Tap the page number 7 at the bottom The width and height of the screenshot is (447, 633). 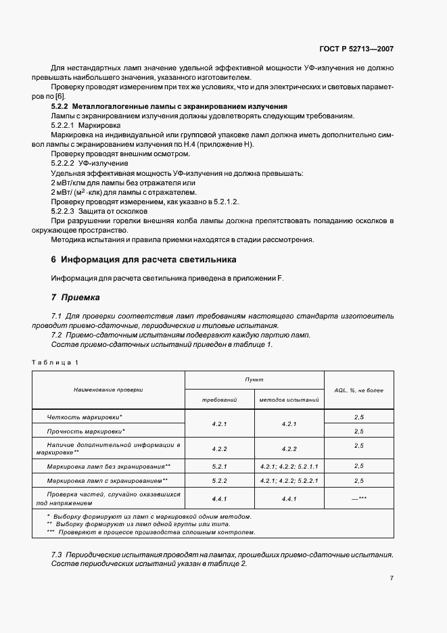click(391, 578)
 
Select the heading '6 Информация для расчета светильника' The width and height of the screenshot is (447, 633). click(143, 260)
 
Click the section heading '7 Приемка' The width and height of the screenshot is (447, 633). click(76, 297)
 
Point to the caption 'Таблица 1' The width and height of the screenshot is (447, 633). click(55, 362)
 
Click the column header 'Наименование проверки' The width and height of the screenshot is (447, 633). click(108, 390)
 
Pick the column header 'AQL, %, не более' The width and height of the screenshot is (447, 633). click(358, 390)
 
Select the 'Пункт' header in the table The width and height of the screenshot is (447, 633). click(255, 380)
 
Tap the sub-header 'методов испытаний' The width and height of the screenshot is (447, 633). click(289, 400)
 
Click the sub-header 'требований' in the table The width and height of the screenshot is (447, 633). click(219, 400)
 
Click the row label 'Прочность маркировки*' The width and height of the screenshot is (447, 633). click(87, 430)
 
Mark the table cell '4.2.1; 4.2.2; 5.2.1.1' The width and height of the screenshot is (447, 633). click(289, 466)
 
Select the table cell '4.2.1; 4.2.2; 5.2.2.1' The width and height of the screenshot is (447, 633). click(289, 480)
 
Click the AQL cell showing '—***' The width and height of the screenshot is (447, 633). click(358, 498)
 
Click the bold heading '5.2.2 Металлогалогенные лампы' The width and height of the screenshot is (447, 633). click(169, 106)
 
